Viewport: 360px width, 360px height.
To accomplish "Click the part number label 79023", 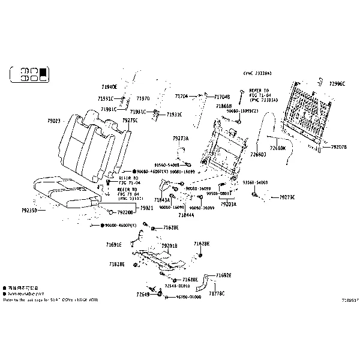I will [54, 121].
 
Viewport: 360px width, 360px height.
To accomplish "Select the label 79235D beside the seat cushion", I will [29, 211].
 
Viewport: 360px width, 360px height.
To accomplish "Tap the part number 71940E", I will [109, 87].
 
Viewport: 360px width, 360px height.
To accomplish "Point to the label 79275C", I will [130, 120].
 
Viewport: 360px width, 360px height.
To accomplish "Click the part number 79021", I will [147, 207].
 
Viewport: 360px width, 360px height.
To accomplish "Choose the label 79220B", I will [125, 212].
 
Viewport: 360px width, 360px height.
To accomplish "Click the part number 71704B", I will [222, 97].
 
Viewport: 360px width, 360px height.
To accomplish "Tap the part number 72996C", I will [337, 84].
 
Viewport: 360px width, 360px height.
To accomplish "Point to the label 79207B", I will [339, 146].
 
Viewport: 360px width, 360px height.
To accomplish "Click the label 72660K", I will [278, 148].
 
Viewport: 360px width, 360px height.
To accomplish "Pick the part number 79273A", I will [180, 138].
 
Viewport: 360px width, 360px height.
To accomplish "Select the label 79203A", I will [229, 204].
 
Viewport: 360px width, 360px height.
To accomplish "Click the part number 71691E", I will [114, 245].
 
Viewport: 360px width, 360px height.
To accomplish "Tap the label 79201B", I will [170, 245].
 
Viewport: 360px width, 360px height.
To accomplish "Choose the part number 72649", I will [142, 295].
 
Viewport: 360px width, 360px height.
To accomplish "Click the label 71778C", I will [217, 293].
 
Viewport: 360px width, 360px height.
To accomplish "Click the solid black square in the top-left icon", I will [42, 75].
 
